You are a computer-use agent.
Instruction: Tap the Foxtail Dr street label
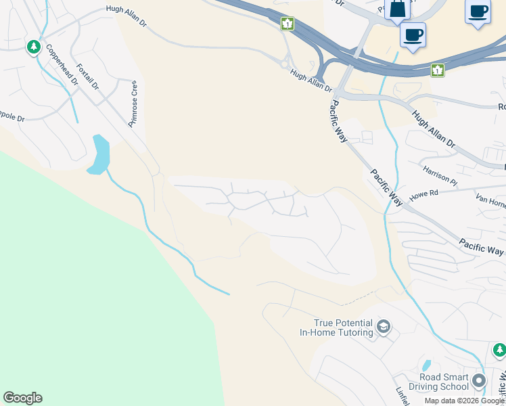[88, 77]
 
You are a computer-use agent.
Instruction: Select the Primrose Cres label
[134, 104]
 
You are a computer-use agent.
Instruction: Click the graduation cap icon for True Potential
[384, 328]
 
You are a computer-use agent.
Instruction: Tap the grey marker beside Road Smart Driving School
[480, 380]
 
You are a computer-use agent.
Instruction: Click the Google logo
[22, 398]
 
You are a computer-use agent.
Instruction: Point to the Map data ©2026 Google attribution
[464, 401]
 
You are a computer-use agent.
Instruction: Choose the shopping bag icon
[397, 9]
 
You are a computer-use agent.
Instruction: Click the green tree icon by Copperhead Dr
[34, 47]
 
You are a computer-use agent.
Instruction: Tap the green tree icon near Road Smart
[499, 350]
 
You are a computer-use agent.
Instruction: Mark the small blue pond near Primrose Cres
[98, 154]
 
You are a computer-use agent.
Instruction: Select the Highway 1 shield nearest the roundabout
[288, 24]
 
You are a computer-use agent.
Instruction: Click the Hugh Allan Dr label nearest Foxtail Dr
[126, 16]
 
